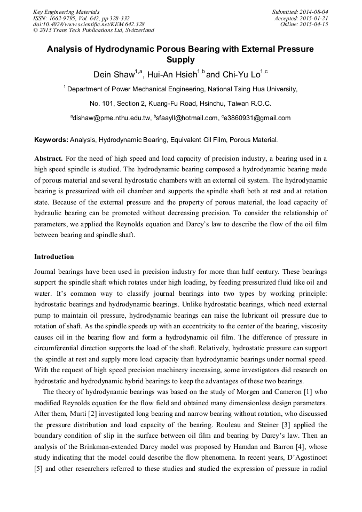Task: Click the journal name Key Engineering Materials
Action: pyautogui.click(x=66, y=12)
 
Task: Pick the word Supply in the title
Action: pyautogui.click(x=180, y=60)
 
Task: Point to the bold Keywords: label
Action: pyautogui.click(x=51, y=140)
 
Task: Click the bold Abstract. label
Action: pyautogui.click(x=49, y=159)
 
